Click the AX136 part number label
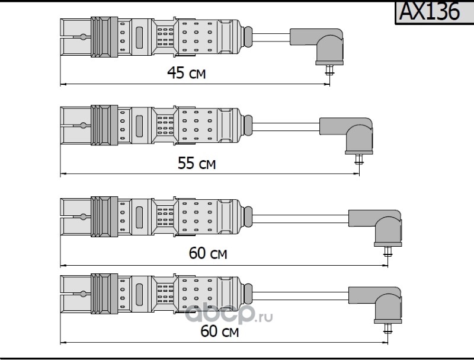(x=430, y=11)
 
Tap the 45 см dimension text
(x=186, y=73)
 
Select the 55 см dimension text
(x=197, y=163)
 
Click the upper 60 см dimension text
(x=208, y=253)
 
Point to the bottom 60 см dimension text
(x=220, y=331)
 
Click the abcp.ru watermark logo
(x=229, y=314)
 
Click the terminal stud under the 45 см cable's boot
(x=329, y=70)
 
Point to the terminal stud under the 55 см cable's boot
(x=359, y=160)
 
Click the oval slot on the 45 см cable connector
(x=139, y=37)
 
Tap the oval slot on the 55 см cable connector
(x=139, y=126)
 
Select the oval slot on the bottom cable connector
(x=139, y=294)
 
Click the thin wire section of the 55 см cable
(x=286, y=127)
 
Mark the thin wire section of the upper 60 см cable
(x=300, y=219)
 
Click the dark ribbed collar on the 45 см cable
(x=104, y=37)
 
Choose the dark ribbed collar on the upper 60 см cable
(x=104, y=216)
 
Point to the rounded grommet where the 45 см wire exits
(x=248, y=37)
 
